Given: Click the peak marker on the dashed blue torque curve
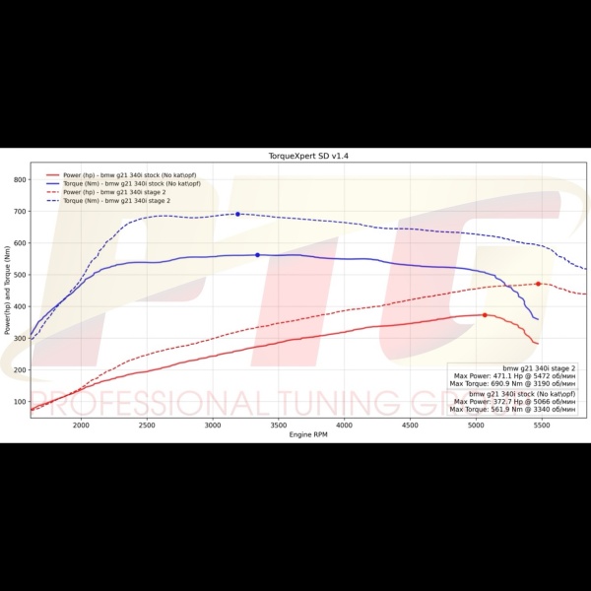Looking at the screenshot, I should (x=237, y=214).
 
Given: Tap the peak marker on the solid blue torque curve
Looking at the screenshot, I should (x=257, y=255).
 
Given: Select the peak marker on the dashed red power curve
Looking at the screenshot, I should (x=538, y=284).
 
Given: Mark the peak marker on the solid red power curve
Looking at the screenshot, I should (x=485, y=315).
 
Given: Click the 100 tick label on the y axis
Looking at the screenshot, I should (x=21, y=402).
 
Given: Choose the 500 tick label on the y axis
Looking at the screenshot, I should (x=21, y=275).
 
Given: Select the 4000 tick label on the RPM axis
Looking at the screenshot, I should (x=344, y=425).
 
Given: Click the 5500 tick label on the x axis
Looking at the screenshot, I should (x=542, y=425).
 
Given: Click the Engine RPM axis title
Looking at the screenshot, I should (x=309, y=434).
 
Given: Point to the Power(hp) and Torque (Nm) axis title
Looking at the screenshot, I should (x=8, y=292).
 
